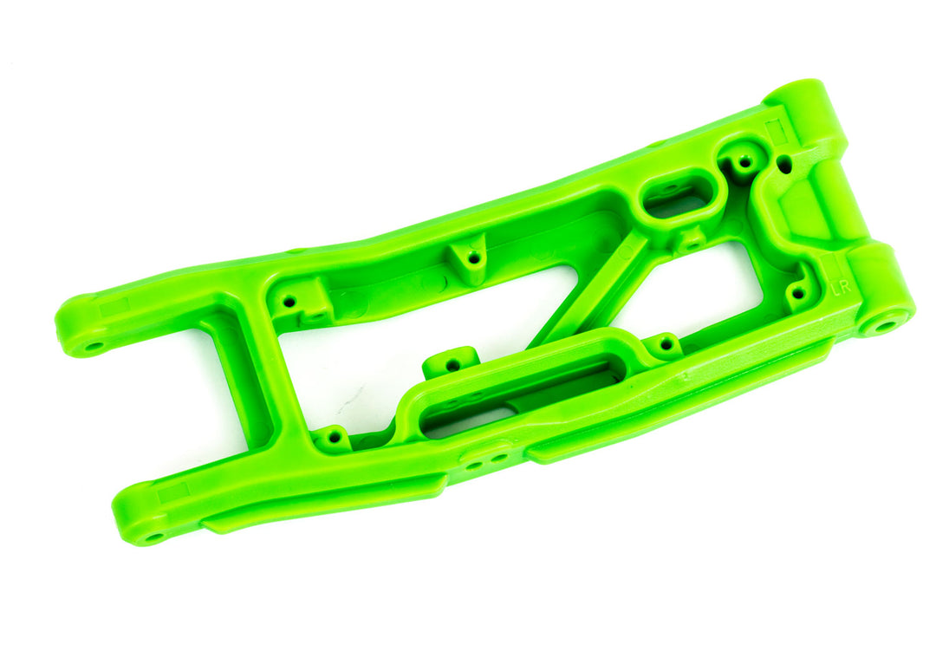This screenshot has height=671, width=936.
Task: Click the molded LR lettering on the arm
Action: point(838,290)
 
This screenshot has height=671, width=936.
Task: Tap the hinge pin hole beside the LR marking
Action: point(885,326)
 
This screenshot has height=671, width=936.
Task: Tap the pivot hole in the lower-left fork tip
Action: point(154,537)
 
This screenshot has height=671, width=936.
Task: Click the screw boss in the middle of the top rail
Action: point(473,257)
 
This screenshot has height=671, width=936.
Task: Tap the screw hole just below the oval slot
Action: point(690,240)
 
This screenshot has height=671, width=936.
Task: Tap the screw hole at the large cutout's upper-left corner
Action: point(289,302)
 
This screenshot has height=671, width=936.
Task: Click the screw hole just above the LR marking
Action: point(799,292)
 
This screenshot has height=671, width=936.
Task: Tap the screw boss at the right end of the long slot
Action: point(665,344)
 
